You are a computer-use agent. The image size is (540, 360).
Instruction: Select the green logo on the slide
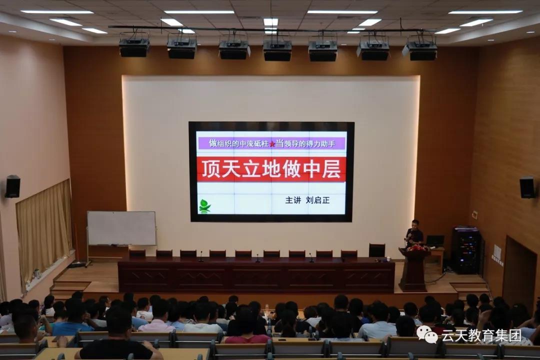click(204, 205)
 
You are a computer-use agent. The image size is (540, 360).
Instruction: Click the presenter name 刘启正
click(317, 200)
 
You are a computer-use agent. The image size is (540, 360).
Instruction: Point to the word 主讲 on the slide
click(293, 200)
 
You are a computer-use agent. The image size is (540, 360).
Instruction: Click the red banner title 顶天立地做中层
click(271, 169)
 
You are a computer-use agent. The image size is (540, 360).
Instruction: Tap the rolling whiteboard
click(121, 228)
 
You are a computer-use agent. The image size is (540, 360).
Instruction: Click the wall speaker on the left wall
click(12, 186)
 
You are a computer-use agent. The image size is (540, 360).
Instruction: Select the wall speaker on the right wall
click(527, 187)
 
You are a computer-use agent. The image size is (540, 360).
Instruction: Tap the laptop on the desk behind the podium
click(435, 240)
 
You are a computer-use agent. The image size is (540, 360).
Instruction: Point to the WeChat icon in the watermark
click(427, 334)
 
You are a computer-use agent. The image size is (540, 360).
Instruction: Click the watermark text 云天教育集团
click(481, 335)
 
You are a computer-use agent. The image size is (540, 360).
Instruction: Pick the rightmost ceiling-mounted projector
click(421, 50)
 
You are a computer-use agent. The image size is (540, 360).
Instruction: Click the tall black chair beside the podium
click(377, 250)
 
